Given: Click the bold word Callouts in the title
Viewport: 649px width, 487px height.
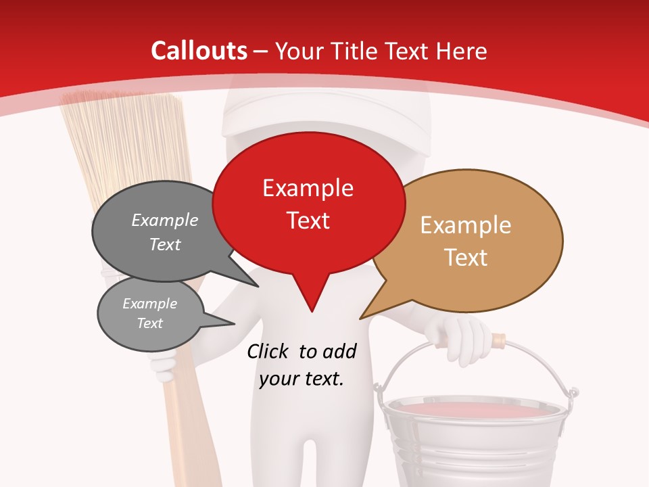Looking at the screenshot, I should pyautogui.click(x=199, y=51).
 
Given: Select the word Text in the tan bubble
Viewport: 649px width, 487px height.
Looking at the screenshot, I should pyautogui.click(x=465, y=258).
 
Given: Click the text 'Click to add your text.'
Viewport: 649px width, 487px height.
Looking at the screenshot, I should pyautogui.click(x=302, y=365).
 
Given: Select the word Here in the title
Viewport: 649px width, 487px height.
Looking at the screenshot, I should pyautogui.click(x=462, y=51).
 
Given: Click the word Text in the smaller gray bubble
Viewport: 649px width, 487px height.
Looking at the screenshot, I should pyautogui.click(x=150, y=323).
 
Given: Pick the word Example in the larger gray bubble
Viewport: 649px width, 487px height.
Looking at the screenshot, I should pyautogui.click(x=165, y=221).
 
